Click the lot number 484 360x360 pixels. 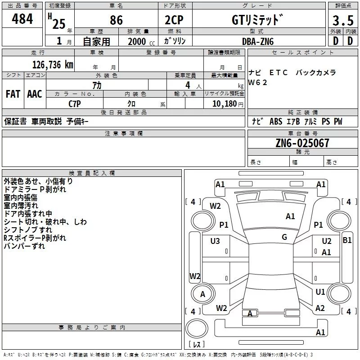click(x=22, y=19)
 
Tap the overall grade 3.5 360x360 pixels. click(x=342, y=21)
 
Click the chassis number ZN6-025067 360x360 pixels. click(x=302, y=144)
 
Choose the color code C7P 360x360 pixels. click(x=74, y=103)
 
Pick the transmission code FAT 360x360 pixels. click(x=13, y=94)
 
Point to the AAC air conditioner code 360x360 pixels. click(x=35, y=94)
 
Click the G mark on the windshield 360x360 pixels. click(x=284, y=237)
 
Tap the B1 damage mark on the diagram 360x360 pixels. click(x=347, y=240)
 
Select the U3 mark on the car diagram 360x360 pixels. click(x=215, y=241)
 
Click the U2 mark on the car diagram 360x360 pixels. click(x=327, y=241)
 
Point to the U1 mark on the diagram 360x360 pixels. click(x=320, y=292)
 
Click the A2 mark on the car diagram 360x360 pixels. click(x=320, y=308)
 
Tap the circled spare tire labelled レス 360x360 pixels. click(x=197, y=333)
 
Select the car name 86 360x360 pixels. click(x=116, y=21)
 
